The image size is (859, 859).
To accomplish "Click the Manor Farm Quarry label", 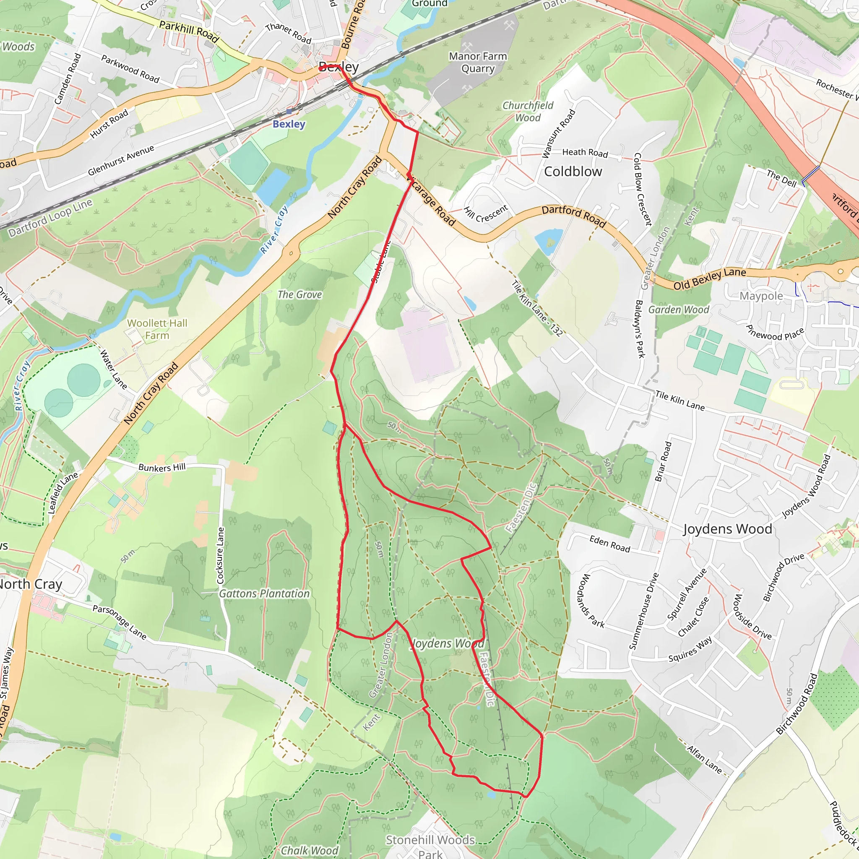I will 478,62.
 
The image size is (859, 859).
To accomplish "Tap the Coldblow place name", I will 573,172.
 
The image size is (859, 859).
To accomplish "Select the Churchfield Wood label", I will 528,112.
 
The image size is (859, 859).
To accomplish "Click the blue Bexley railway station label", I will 289,124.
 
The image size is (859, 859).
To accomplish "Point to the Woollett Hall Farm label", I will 157,329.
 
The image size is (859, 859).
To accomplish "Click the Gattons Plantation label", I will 264,593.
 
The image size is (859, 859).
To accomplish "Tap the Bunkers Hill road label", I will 162,467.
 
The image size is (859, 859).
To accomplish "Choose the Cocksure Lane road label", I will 220,555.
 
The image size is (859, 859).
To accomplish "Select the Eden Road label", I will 609,544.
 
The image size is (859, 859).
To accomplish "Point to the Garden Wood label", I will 679,310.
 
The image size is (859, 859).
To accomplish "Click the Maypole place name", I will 761,296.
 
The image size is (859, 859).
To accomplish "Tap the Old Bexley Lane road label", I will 709,279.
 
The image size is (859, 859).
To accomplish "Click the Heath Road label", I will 585,153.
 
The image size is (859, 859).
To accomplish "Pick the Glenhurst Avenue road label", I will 121,160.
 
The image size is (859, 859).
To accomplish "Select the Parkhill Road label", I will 189,31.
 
